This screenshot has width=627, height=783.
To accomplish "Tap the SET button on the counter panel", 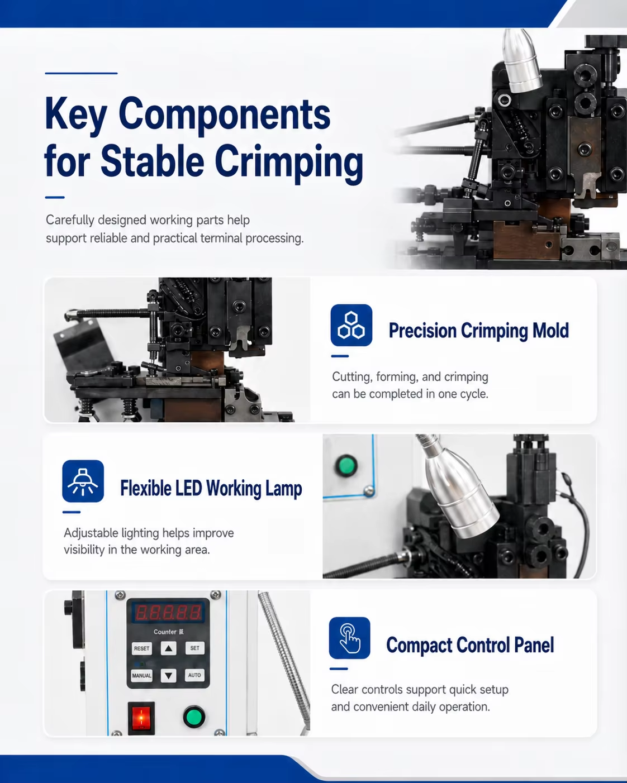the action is (195, 648).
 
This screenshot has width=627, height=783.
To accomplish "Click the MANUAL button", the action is (141, 675).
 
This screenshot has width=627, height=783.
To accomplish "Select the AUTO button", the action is (194, 675).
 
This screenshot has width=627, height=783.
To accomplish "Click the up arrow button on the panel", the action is (168, 648).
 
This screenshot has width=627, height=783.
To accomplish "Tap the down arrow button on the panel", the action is (168, 676).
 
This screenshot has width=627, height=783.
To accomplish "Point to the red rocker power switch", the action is (141, 718).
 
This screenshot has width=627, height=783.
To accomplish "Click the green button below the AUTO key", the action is (194, 717).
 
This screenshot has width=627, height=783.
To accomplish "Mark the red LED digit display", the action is (168, 612).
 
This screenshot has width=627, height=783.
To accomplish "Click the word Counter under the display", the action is (165, 632).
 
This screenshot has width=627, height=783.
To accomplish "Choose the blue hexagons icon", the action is (351, 325).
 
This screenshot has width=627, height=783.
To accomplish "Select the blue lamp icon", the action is (83, 481).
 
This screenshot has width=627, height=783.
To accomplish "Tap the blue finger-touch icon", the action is (350, 638).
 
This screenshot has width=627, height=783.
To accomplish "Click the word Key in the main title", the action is (76, 114).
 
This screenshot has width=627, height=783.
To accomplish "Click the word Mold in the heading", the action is (550, 331).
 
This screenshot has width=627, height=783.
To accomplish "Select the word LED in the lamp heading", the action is (189, 488).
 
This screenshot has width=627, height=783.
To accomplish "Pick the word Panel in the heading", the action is (534, 645).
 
